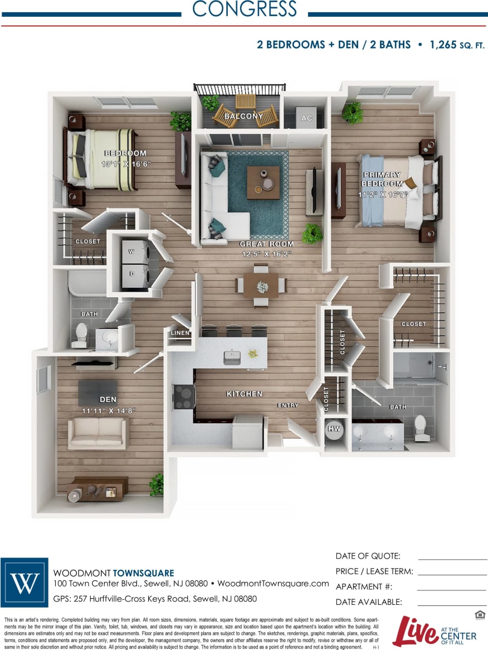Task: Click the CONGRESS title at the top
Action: (244, 9)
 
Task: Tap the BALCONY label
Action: (243, 116)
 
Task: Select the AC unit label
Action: (306, 118)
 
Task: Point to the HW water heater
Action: (334, 429)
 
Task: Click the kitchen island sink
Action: (232, 357)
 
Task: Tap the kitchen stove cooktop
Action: (184, 396)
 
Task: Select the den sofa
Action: (97, 433)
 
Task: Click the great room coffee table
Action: (263, 182)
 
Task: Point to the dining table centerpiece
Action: (262, 286)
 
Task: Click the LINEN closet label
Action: (180, 333)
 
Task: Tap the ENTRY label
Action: (287, 405)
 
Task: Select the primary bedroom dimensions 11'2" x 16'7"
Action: (382, 195)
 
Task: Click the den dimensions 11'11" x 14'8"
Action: (108, 411)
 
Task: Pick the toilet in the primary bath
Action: (421, 427)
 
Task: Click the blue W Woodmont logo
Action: (25, 582)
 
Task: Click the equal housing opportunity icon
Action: (479, 614)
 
